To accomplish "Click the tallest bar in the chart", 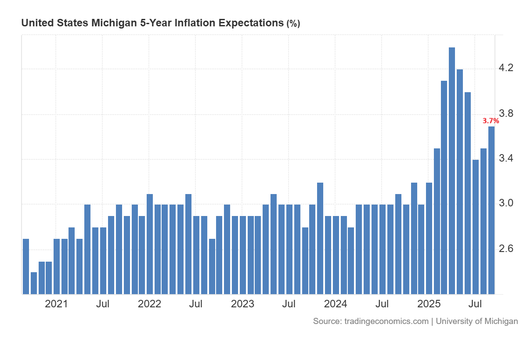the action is pyautogui.click(x=452, y=171).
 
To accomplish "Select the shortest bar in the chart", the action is pyautogui.click(x=34, y=283).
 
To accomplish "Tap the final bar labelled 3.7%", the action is pyautogui.click(x=491, y=210).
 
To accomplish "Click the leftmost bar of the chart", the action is pyautogui.click(x=26, y=266).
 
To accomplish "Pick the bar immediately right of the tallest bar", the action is pyautogui.click(x=460, y=182).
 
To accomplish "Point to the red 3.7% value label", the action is pyautogui.click(x=491, y=121).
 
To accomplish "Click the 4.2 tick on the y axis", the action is pyautogui.click(x=506, y=68).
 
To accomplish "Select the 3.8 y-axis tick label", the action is pyautogui.click(x=506, y=114).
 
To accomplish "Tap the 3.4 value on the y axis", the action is pyautogui.click(x=506, y=158).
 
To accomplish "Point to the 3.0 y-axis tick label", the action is pyautogui.click(x=506, y=203).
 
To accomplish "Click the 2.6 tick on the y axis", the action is pyautogui.click(x=506, y=248).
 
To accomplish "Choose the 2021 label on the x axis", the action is pyautogui.click(x=56, y=304).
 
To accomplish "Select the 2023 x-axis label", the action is pyautogui.click(x=242, y=304).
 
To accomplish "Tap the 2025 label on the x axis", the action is pyautogui.click(x=429, y=304).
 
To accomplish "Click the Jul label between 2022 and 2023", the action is pyautogui.click(x=195, y=304).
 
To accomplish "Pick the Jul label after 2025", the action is pyautogui.click(x=475, y=304).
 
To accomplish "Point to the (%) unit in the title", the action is pyautogui.click(x=293, y=24).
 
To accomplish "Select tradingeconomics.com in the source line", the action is pyautogui.click(x=386, y=321).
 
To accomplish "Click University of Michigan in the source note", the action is pyautogui.click(x=476, y=321).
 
